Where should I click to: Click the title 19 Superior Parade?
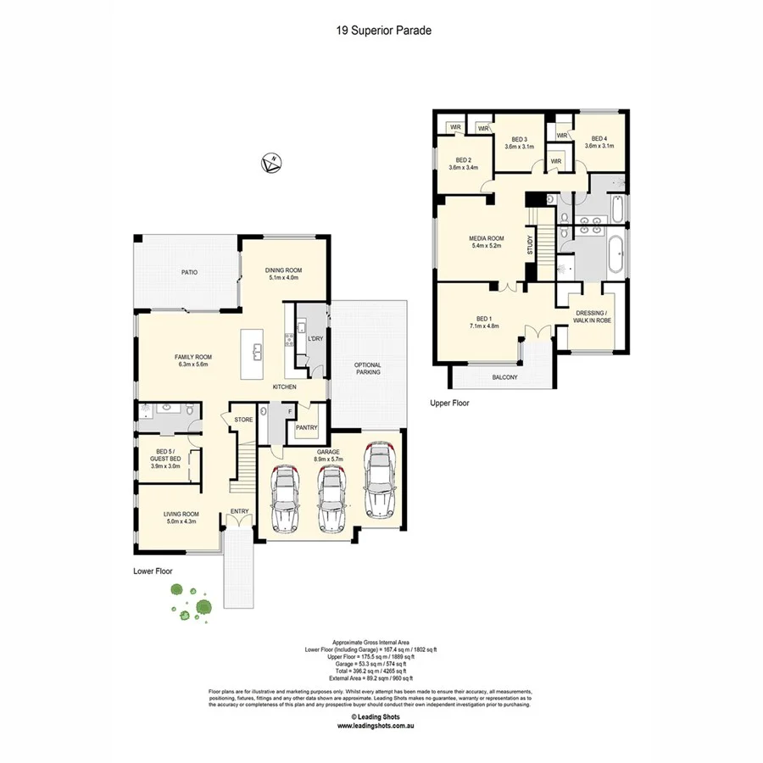(381, 31)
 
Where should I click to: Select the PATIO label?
(188, 272)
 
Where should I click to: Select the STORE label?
(243, 419)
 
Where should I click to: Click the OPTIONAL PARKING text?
(367, 368)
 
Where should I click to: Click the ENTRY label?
(240, 510)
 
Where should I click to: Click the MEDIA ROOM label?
(487, 242)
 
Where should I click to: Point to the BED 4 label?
(599, 142)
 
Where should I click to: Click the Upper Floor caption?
(449, 404)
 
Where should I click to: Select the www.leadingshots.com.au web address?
(381, 726)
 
